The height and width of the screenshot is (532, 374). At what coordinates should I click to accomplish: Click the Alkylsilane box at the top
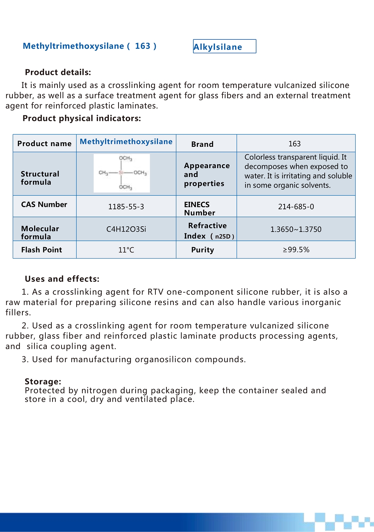[x=224, y=46]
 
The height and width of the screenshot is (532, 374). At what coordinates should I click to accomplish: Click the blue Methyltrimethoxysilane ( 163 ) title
[x=89, y=46]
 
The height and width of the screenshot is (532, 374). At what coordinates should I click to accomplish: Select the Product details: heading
[x=58, y=72]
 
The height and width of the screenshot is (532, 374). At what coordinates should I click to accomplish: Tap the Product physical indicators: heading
[x=82, y=118]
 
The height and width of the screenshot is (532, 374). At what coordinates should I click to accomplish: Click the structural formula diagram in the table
[x=122, y=173]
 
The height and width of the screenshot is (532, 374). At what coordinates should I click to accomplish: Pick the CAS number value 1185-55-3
[x=126, y=207]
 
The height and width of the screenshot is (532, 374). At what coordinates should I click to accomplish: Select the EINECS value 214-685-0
[x=296, y=207]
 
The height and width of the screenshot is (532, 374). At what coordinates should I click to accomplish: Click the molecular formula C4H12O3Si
[x=126, y=229]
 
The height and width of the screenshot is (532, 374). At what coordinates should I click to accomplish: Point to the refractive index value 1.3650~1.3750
[x=296, y=229]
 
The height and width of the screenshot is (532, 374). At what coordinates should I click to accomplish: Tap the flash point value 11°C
[x=126, y=250]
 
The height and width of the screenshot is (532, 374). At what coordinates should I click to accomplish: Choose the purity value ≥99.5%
[x=296, y=250]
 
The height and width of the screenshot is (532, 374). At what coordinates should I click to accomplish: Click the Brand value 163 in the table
[x=295, y=144]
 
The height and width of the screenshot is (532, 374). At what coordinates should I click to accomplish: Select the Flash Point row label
[x=42, y=250]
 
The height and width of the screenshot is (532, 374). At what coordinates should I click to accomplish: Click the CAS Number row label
[x=44, y=205]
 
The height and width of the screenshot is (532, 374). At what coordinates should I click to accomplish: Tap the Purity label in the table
[x=203, y=250]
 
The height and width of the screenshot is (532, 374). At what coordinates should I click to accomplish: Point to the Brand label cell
[x=202, y=144]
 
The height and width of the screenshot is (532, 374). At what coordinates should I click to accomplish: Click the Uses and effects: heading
[x=62, y=279]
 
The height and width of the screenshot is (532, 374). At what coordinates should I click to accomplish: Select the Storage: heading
[x=43, y=382]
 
